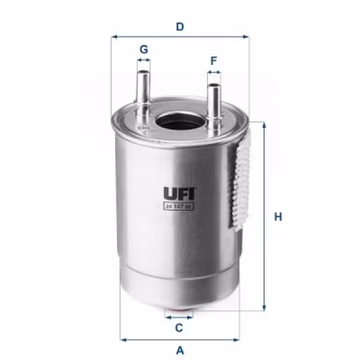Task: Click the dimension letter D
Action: (x=179, y=26)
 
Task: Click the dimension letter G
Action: (x=143, y=49)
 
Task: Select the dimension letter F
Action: (x=214, y=61)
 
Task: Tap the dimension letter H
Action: (x=278, y=217)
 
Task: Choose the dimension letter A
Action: (x=179, y=350)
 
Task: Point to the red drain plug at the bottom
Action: (x=179, y=313)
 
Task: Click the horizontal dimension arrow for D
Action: (x=179, y=37)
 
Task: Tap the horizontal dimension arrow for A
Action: (x=179, y=339)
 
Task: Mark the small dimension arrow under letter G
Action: (x=143, y=61)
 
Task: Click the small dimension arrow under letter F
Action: (x=214, y=72)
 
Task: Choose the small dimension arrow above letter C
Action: (x=179, y=318)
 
